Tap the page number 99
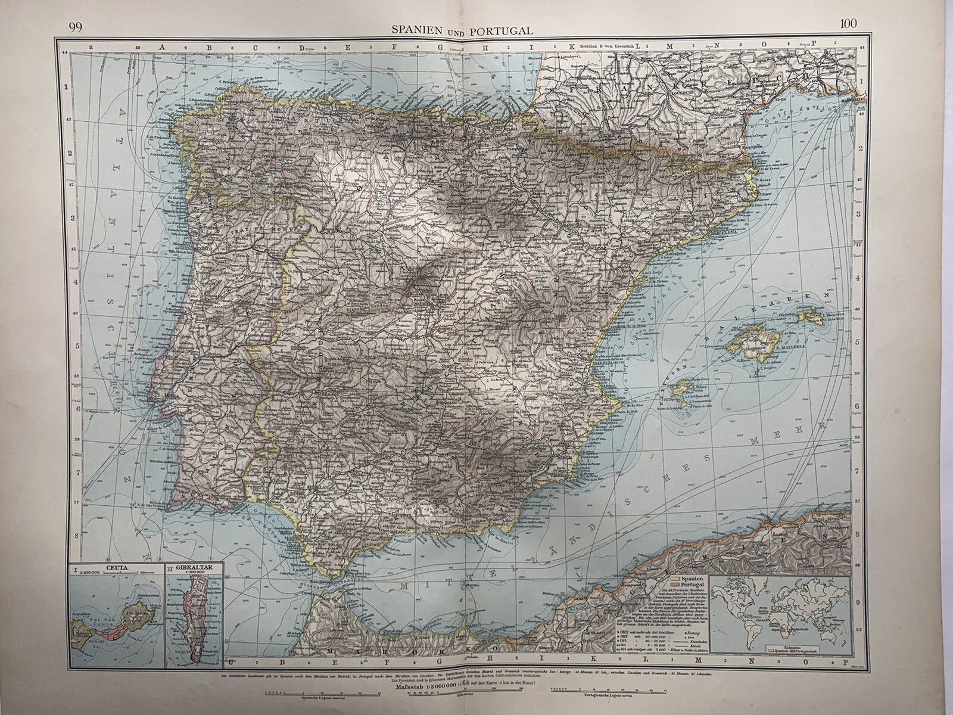75,26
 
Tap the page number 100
848,24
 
